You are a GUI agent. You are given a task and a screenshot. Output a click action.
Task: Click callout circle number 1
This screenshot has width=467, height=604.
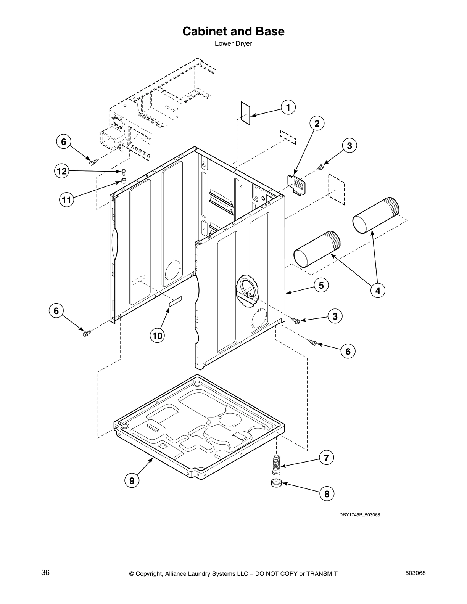pyautogui.click(x=288, y=108)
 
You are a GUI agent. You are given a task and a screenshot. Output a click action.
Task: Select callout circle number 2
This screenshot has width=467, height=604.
pyautogui.click(x=317, y=123)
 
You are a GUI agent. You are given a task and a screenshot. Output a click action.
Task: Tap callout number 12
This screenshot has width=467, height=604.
pyautogui.click(x=61, y=172)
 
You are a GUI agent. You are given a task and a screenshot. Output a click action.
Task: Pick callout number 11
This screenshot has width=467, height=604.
pyautogui.click(x=66, y=199)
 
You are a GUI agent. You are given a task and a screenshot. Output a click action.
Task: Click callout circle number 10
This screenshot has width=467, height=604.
pyautogui.click(x=157, y=336)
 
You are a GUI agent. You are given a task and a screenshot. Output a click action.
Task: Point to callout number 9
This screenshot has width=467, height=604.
pyautogui.click(x=132, y=480)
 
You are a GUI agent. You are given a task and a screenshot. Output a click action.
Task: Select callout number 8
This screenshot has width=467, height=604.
pyautogui.click(x=327, y=494)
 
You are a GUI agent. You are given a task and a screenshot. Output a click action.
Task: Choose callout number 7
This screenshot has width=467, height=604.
pyautogui.click(x=327, y=458)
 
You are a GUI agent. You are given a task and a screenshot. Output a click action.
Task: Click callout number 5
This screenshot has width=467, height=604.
pyautogui.click(x=321, y=285)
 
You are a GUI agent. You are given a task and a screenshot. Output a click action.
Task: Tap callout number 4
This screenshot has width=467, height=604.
pyautogui.click(x=378, y=291)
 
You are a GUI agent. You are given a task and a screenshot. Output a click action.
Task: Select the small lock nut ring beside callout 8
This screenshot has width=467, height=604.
pyautogui.click(x=276, y=484)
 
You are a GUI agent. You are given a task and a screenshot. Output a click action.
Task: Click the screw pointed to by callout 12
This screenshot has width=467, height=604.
pyautogui.click(x=124, y=172)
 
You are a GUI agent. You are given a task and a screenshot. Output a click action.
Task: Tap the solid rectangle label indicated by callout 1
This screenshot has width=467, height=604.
pyautogui.click(x=245, y=112)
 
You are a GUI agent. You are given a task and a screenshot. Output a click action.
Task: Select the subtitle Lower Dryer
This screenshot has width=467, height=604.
pyautogui.click(x=233, y=43)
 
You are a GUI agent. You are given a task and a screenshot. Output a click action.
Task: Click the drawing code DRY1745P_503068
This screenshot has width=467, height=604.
pyautogui.click(x=359, y=515)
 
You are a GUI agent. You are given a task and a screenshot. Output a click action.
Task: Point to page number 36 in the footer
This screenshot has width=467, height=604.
pyautogui.click(x=45, y=573)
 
